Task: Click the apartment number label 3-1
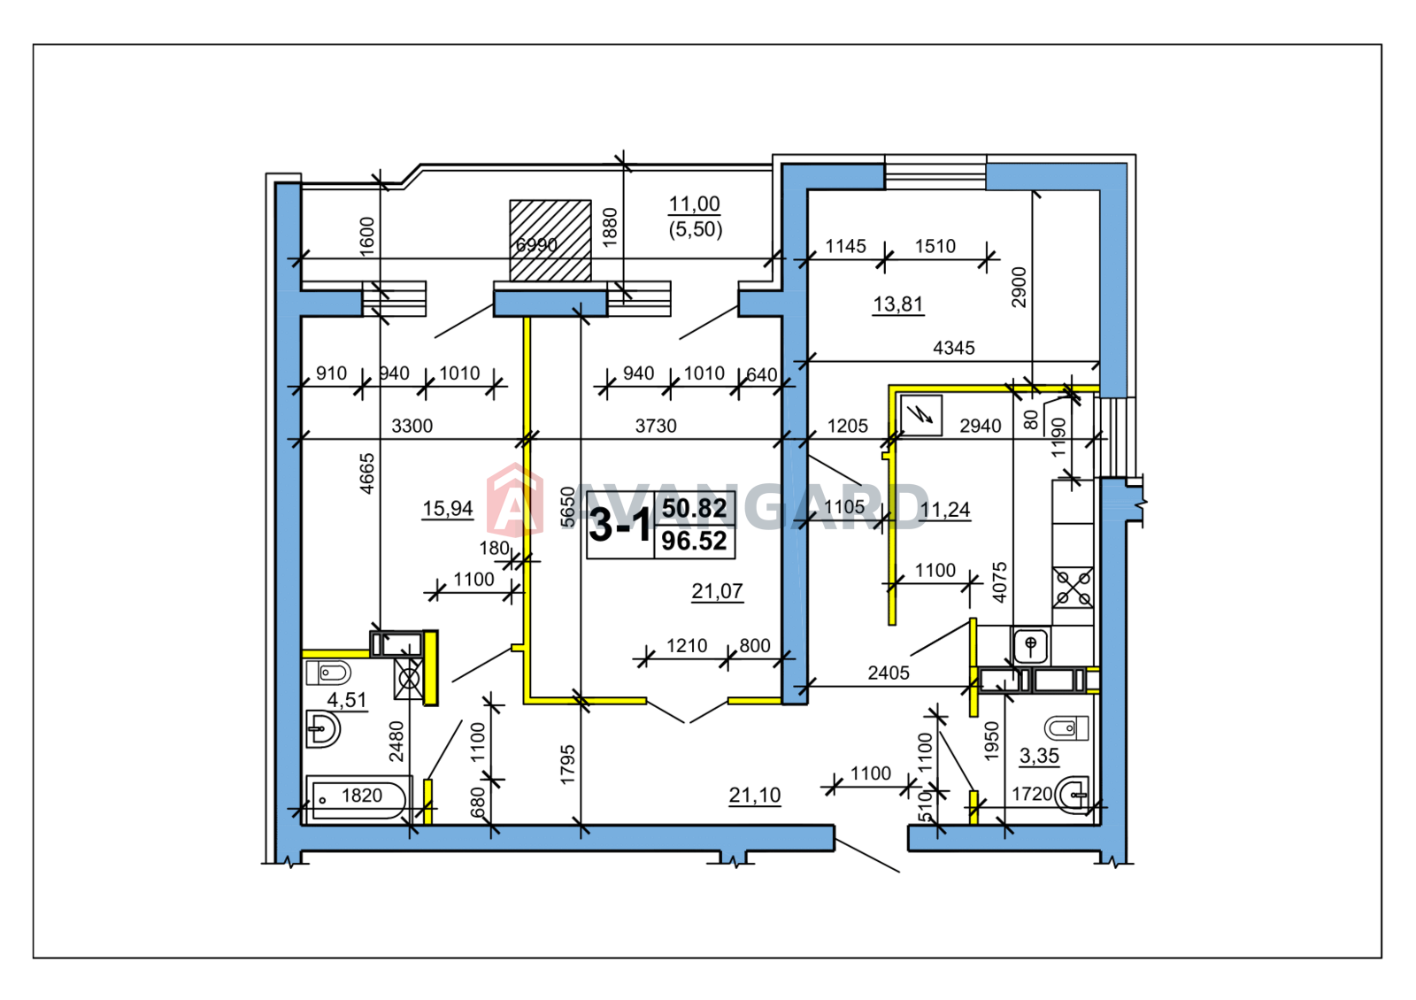pyautogui.click(x=619, y=525)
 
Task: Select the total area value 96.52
pyautogui.click(x=694, y=542)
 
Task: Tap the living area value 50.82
pyautogui.click(x=694, y=508)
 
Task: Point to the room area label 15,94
pyautogui.click(x=448, y=508)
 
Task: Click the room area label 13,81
pyautogui.click(x=897, y=304)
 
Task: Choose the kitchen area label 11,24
pyautogui.click(x=944, y=510)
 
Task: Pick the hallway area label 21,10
pyautogui.click(x=755, y=795)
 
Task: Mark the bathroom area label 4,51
pyautogui.click(x=346, y=700)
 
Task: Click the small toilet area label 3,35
pyautogui.click(x=1039, y=756)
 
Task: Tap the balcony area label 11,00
pyautogui.click(x=694, y=204)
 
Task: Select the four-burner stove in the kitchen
pyautogui.click(x=1073, y=588)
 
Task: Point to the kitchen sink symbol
pyautogui.click(x=1030, y=645)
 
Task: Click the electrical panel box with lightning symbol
pyautogui.click(x=921, y=415)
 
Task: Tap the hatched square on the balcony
pyautogui.click(x=550, y=240)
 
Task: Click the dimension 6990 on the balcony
pyautogui.click(x=536, y=244)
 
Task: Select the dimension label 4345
pyautogui.click(x=954, y=347)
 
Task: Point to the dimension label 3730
pyautogui.click(x=656, y=426)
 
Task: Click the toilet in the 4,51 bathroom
pyautogui.click(x=328, y=673)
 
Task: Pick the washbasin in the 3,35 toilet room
pyautogui.click(x=1073, y=795)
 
